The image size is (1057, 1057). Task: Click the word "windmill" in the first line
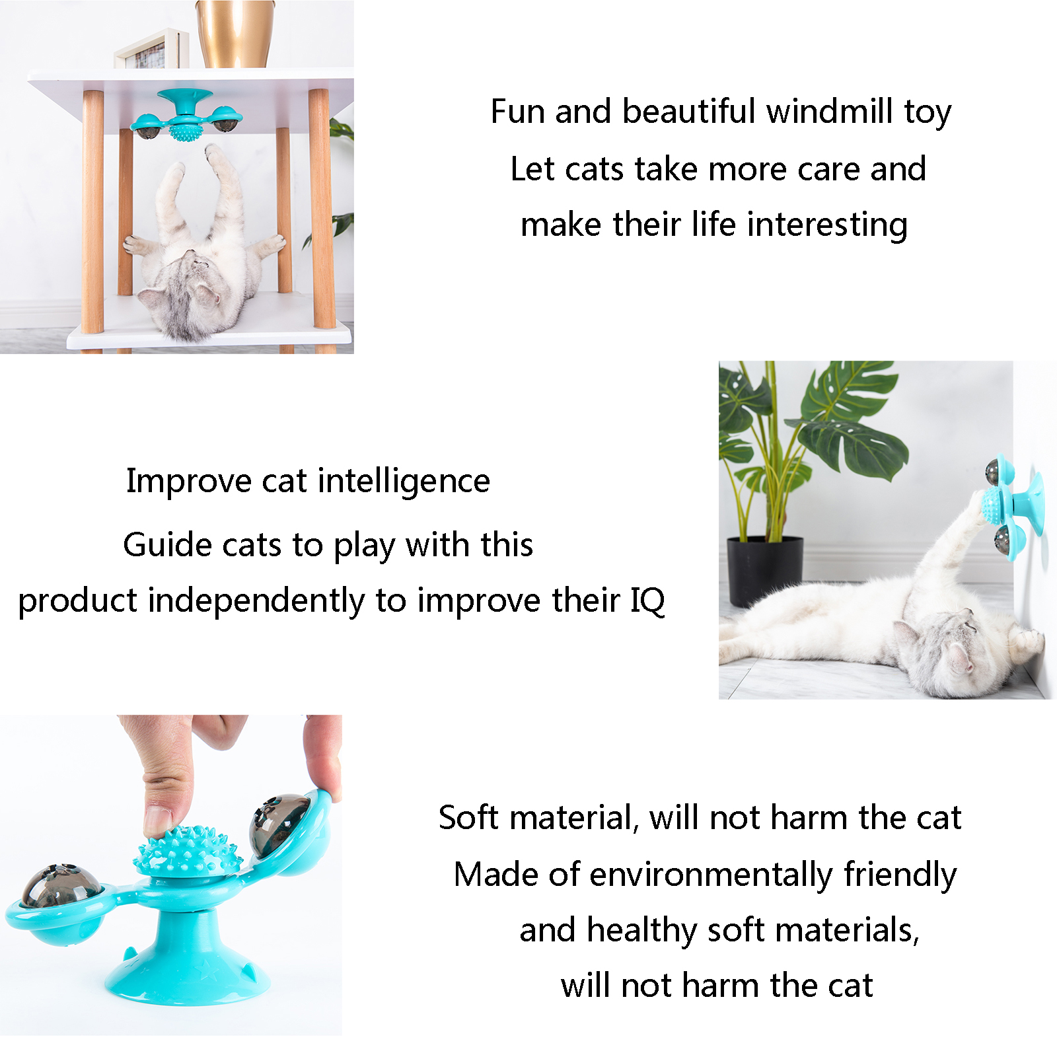(829, 111)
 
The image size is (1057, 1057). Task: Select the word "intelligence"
(404, 482)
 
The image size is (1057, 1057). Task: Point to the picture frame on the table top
(151, 49)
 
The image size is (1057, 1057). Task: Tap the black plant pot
(765, 571)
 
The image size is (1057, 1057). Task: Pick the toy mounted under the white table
(187, 116)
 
